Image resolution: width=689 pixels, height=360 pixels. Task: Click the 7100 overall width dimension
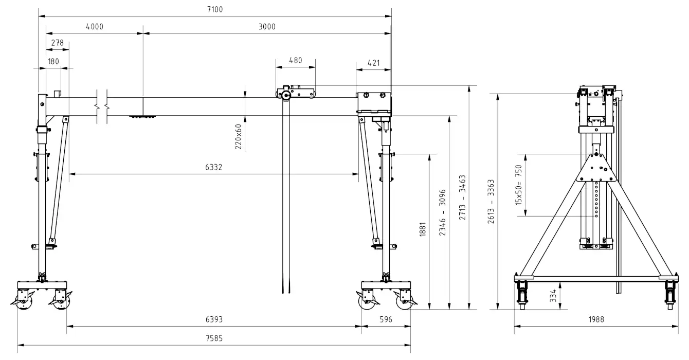(215, 10)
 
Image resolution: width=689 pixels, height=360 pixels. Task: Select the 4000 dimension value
(95, 27)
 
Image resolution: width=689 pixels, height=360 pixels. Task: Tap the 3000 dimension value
(267, 27)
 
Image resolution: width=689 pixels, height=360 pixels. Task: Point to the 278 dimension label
(57, 43)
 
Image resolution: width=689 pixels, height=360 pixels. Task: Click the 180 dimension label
(53, 62)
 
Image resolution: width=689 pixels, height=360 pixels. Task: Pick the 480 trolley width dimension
(295, 61)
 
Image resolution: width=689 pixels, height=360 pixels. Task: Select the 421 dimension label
(373, 63)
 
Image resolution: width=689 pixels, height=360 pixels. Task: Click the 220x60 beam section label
(239, 137)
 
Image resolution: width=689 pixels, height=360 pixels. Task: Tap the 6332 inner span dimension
(213, 167)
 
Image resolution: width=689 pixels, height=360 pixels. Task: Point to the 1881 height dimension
(423, 229)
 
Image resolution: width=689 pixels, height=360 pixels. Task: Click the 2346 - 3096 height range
(442, 212)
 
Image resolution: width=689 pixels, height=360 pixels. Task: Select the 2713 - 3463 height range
(462, 197)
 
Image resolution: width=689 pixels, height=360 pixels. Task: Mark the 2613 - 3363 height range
(491, 202)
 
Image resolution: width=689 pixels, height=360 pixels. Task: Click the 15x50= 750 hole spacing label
(519, 185)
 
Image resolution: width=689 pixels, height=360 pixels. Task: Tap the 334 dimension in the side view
(553, 296)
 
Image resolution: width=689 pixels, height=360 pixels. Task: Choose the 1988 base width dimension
(596, 320)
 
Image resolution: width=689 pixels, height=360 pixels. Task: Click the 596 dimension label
(386, 320)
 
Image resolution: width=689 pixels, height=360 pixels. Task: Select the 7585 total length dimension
(214, 338)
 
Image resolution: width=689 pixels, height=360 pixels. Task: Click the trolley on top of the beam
(295, 92)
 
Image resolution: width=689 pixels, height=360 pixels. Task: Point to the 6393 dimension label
(214, 320)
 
